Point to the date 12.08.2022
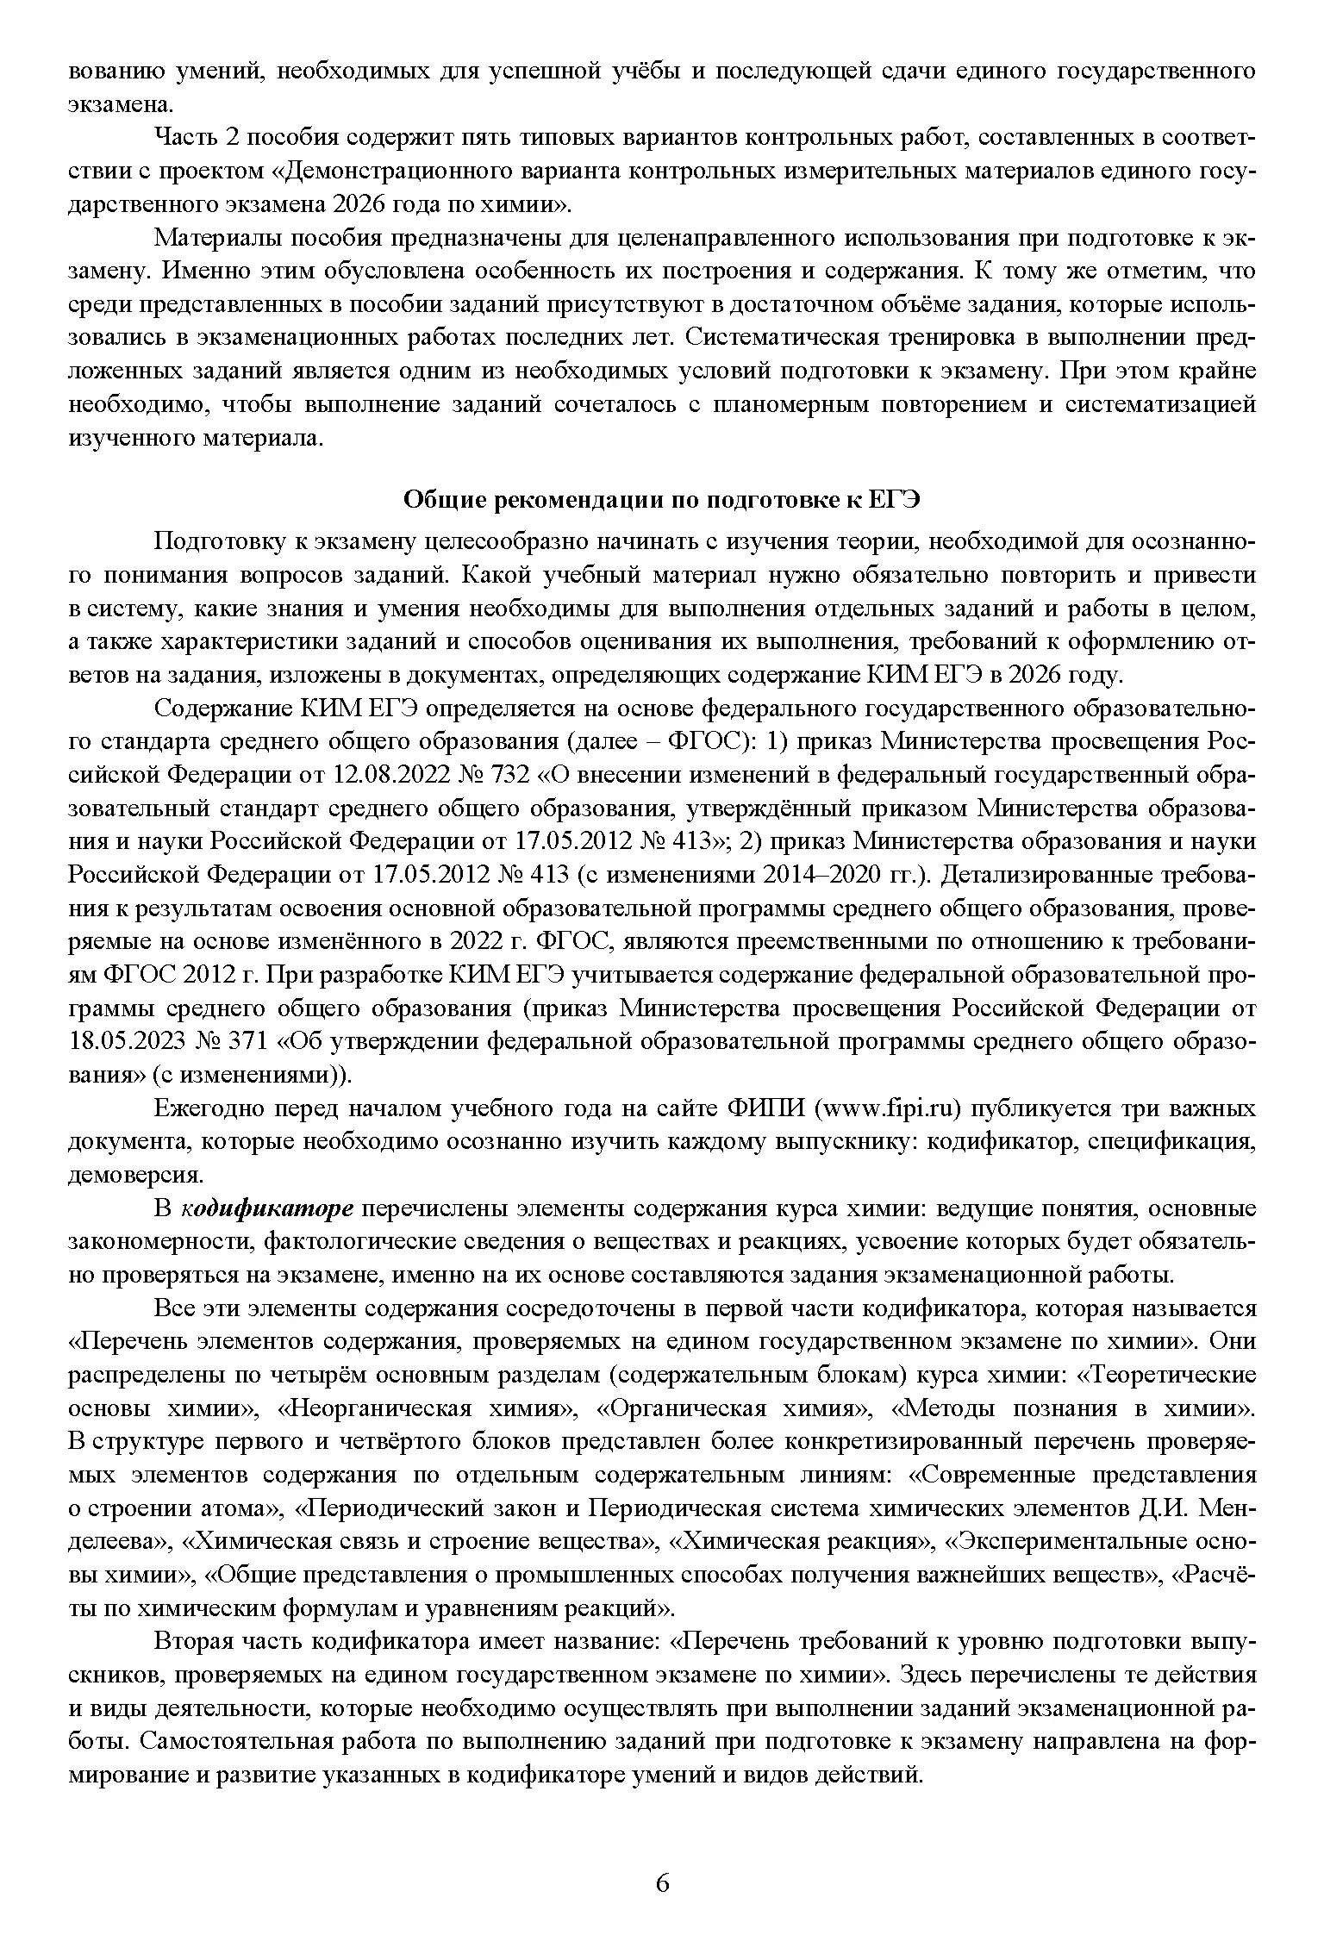395,775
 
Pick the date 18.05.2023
127,1041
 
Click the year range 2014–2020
828,875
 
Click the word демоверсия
135,1175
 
